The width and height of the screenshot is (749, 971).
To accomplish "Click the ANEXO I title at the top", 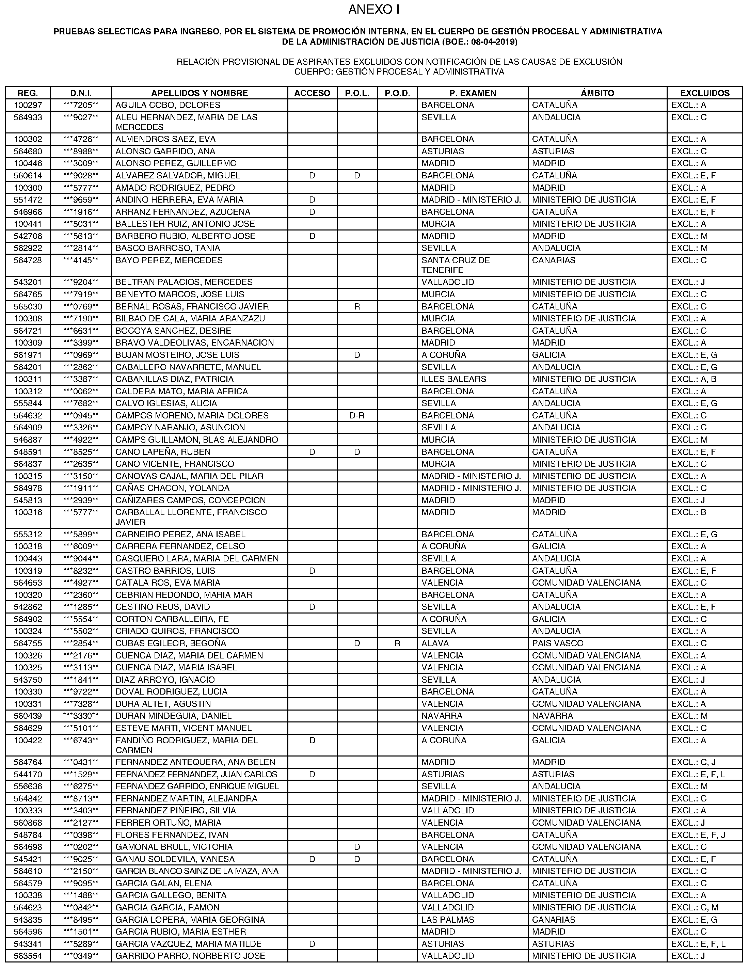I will coord(374,10).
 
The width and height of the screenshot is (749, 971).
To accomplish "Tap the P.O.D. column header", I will coord(397,93).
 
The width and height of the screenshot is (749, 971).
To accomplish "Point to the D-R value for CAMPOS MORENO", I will coord(357,416).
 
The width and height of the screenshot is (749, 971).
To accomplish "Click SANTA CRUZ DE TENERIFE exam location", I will coord(455,265).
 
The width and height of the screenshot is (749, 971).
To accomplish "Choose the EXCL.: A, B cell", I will coord(694,379).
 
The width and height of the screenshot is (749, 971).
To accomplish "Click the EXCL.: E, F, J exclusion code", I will coord(698,835).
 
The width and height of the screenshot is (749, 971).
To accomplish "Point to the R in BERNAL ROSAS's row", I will coord(357,307).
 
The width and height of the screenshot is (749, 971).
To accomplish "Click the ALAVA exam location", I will coord(435,643).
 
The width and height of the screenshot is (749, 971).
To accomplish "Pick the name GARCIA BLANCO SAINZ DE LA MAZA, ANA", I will coord(197,871).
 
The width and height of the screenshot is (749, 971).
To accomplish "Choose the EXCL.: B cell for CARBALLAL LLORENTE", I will coord(688,512).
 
